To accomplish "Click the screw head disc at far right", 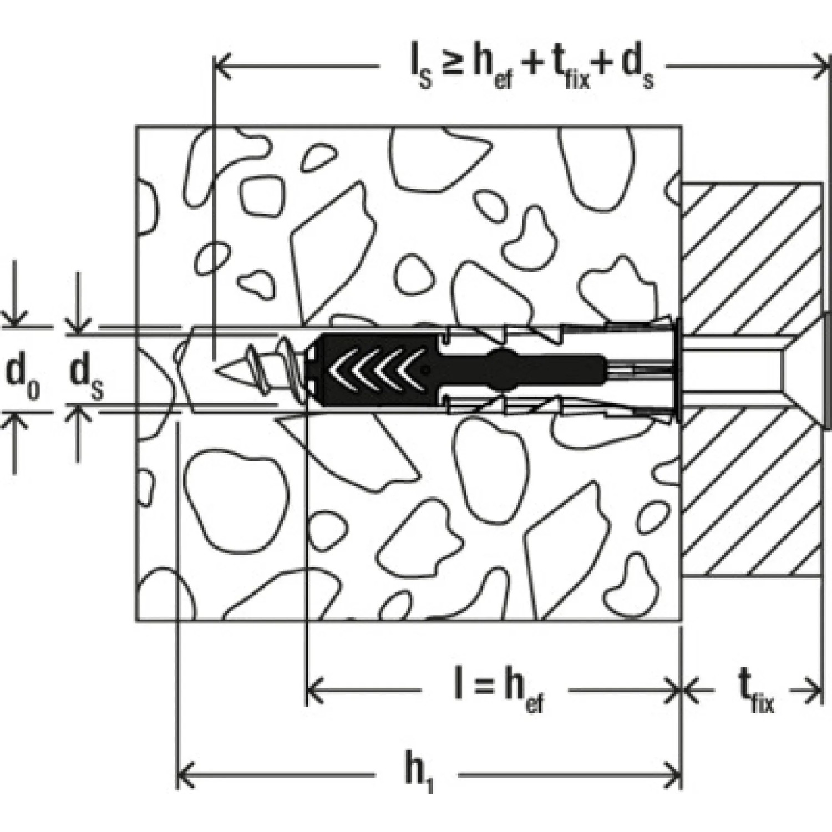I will (x=828, y=370).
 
